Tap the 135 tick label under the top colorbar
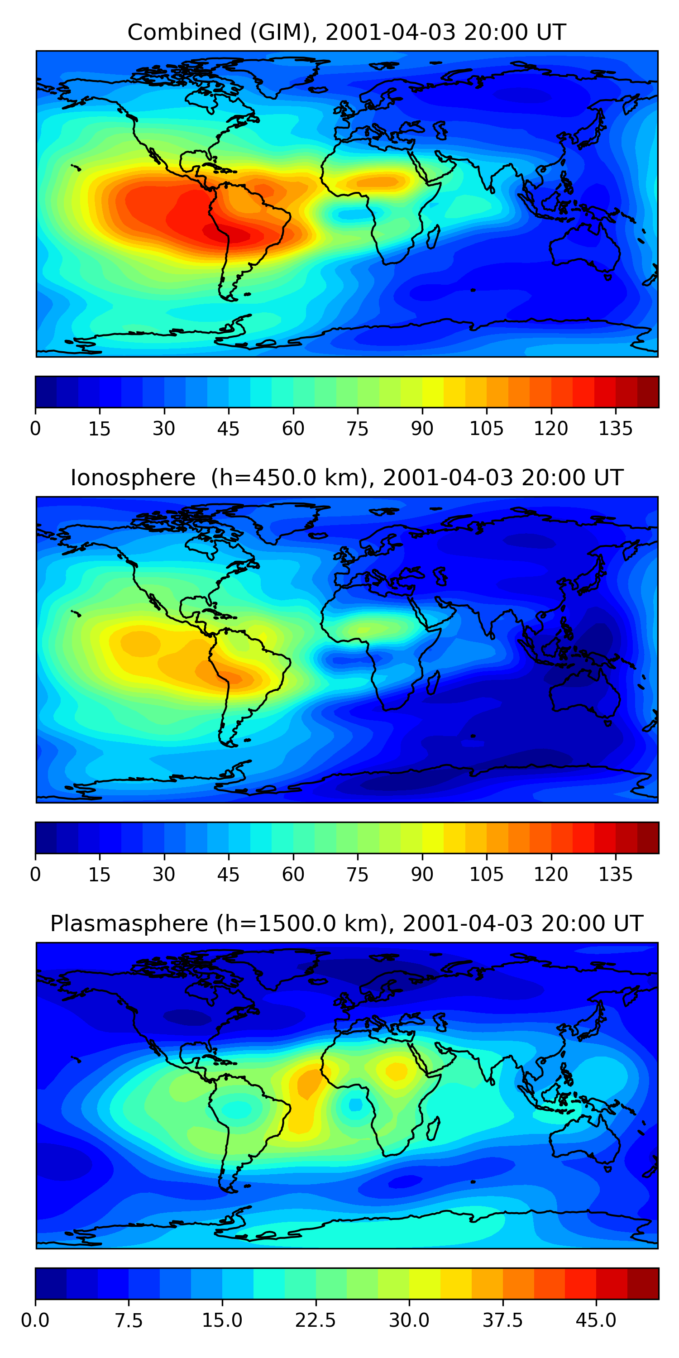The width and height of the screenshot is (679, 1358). tap(615, 429)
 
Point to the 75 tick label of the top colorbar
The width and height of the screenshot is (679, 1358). tap(358, 429)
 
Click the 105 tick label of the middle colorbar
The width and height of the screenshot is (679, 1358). tap(486, 874)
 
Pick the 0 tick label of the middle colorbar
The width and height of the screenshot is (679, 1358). tap(35, 874)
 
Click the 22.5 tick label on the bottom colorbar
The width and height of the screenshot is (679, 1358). tap(315, 1320)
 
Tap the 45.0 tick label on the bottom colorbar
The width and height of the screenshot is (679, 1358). tap(596, 1320)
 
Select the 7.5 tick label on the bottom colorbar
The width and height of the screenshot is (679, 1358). tap(129, 1320)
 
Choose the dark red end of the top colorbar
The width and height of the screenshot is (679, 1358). tap(648, 392)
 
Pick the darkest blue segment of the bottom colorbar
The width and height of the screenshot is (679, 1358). tap(51, 1284)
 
